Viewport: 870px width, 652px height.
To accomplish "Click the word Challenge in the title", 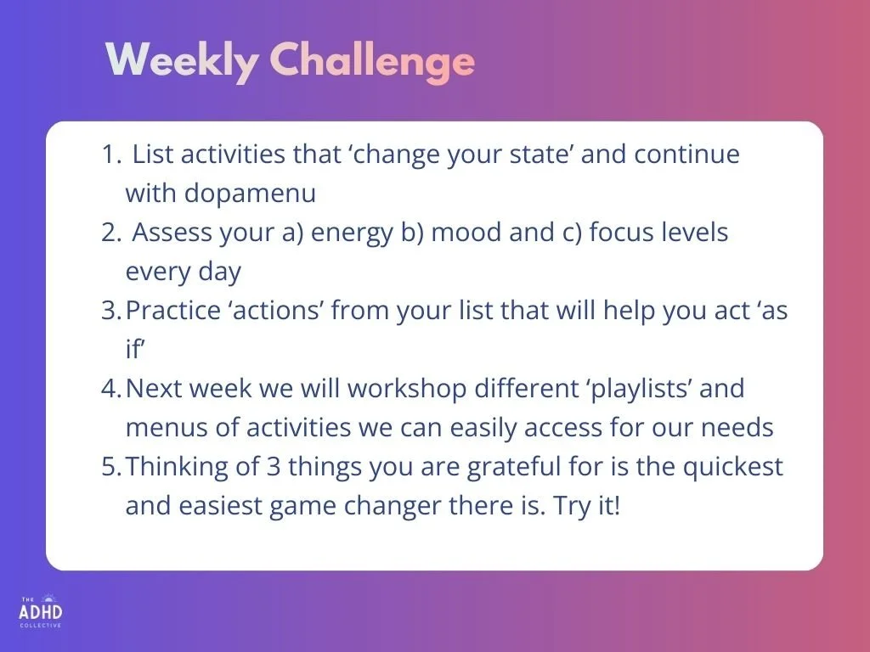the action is pos(372,62).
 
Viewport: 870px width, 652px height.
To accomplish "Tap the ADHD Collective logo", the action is pos(41,611).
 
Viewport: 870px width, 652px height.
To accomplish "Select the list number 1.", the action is pos(111,155).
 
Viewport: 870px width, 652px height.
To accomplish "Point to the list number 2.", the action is pos(111,233).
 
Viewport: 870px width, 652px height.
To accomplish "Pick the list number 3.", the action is pos(111,311).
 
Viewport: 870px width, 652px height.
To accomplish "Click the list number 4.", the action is pos(111,389).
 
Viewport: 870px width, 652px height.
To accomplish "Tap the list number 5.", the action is pos(111,467).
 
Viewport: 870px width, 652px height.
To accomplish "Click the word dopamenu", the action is pos(250,193).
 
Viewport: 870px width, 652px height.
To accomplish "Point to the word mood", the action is pos(465,233).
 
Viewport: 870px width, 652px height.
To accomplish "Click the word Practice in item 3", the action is pos(173,311).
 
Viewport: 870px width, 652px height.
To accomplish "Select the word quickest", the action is pos(732,468).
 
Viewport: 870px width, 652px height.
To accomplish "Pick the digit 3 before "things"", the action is pos(273,467).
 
